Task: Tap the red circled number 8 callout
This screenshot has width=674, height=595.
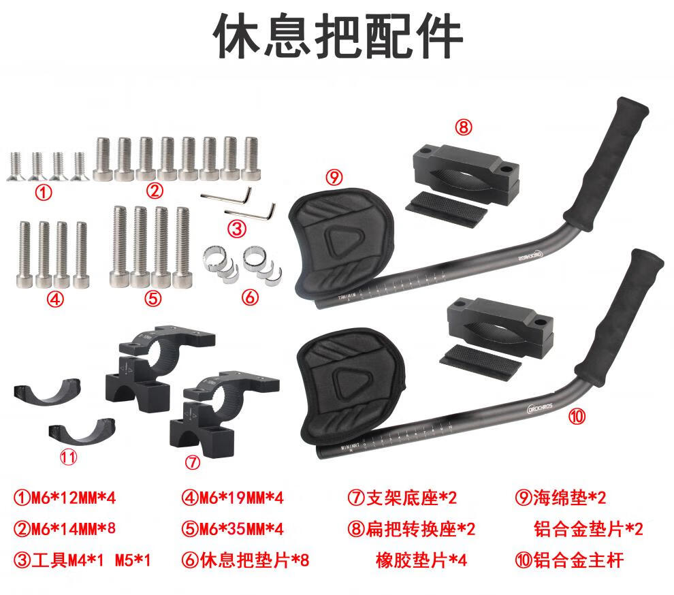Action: pos(464,127)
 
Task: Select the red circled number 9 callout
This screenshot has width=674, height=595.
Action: pos(334,177)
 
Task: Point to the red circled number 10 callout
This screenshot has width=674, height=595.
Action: pos(577,416)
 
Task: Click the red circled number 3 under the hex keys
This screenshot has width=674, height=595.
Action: pos(236,229)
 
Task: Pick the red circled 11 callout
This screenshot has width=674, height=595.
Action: pos(68,457)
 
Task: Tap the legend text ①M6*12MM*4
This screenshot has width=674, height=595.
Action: pos(65,498)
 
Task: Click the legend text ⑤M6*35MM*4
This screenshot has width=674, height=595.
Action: pos(233,529)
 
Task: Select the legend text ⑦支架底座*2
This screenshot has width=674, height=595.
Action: pos(402,498)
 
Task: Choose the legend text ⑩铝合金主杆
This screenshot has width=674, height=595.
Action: pos(569,560)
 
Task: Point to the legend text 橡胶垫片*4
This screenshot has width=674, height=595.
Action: pos(421,560)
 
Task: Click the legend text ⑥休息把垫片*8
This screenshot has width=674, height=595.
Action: pos(245,560)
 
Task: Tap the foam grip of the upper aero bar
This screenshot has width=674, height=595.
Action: pos(606,163)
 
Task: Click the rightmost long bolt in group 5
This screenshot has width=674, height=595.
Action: pos(182,247)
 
